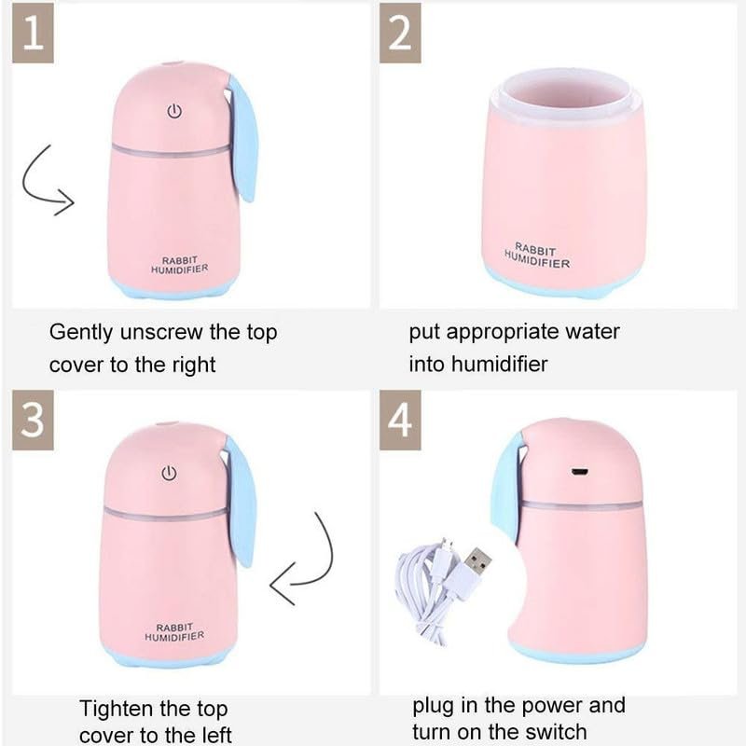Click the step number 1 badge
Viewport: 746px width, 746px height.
33,33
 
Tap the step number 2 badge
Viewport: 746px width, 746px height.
400,33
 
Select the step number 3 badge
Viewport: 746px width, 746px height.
33,421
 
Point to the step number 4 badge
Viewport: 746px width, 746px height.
400,421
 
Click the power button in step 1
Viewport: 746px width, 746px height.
174,111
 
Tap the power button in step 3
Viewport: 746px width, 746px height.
169,473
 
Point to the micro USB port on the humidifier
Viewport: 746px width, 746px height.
579,472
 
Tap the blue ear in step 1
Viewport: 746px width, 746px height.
243,138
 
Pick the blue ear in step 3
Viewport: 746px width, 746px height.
242,502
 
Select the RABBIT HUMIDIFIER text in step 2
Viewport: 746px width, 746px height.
537,256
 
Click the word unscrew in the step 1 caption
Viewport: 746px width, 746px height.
160,332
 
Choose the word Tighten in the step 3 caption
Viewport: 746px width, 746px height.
113,710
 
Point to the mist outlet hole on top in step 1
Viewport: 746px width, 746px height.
170,62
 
